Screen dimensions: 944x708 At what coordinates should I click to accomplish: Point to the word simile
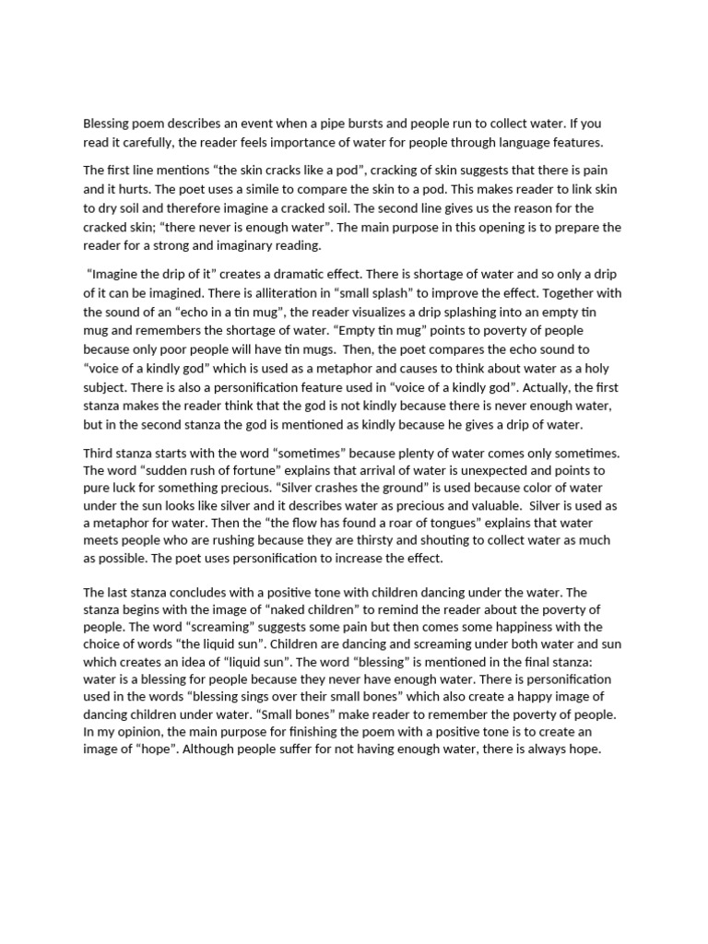click(276, 189)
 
